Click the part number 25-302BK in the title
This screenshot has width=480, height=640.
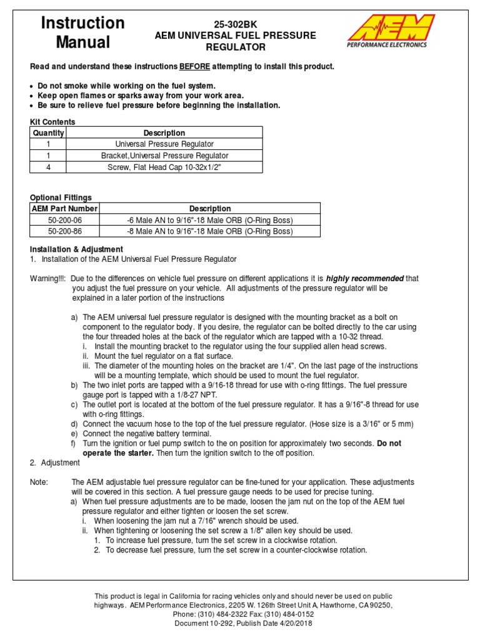click(236, 23)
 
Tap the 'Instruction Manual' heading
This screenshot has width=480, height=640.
click(82, 32)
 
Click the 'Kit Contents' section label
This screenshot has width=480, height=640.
click(53, 122)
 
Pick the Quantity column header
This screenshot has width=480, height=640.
click(48, 133)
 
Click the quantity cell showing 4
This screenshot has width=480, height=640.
click(48, 167)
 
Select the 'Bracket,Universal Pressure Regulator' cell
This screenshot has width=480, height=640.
click(164, 156)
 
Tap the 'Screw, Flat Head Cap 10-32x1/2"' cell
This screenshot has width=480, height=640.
click(164, 167)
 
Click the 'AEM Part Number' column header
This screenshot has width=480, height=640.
click(65, 209)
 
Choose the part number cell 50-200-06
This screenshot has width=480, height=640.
click(65, 220)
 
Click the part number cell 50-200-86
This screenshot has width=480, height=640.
click(65, 231)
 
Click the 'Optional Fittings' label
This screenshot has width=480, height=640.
click(61, 197)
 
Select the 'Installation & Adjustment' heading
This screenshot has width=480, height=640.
click(77, 249)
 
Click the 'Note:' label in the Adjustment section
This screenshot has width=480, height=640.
click(40, 482)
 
